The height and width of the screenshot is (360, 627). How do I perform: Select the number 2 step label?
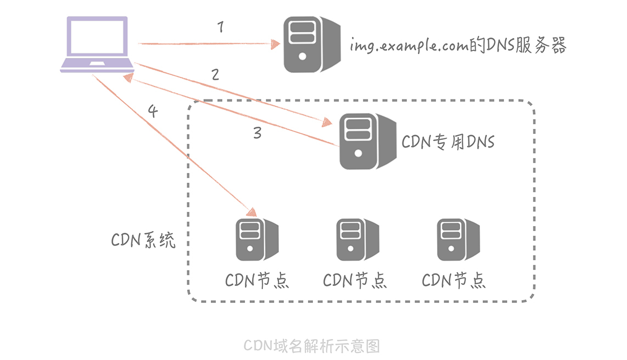click(215, 75)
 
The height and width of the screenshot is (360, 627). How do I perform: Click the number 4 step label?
click(153, 111)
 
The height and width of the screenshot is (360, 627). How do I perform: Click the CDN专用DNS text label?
click(448, 142)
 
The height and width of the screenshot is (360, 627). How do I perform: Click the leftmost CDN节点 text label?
click(257, 280)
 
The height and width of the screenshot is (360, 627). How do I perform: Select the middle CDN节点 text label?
click(355, 280)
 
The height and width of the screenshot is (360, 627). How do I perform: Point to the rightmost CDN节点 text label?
click(454, 280)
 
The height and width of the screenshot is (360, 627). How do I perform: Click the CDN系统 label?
click(143, 240)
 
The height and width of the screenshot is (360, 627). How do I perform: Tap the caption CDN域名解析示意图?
click(312, 346)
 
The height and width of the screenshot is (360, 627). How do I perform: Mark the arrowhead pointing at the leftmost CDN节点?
click(253, 212)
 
